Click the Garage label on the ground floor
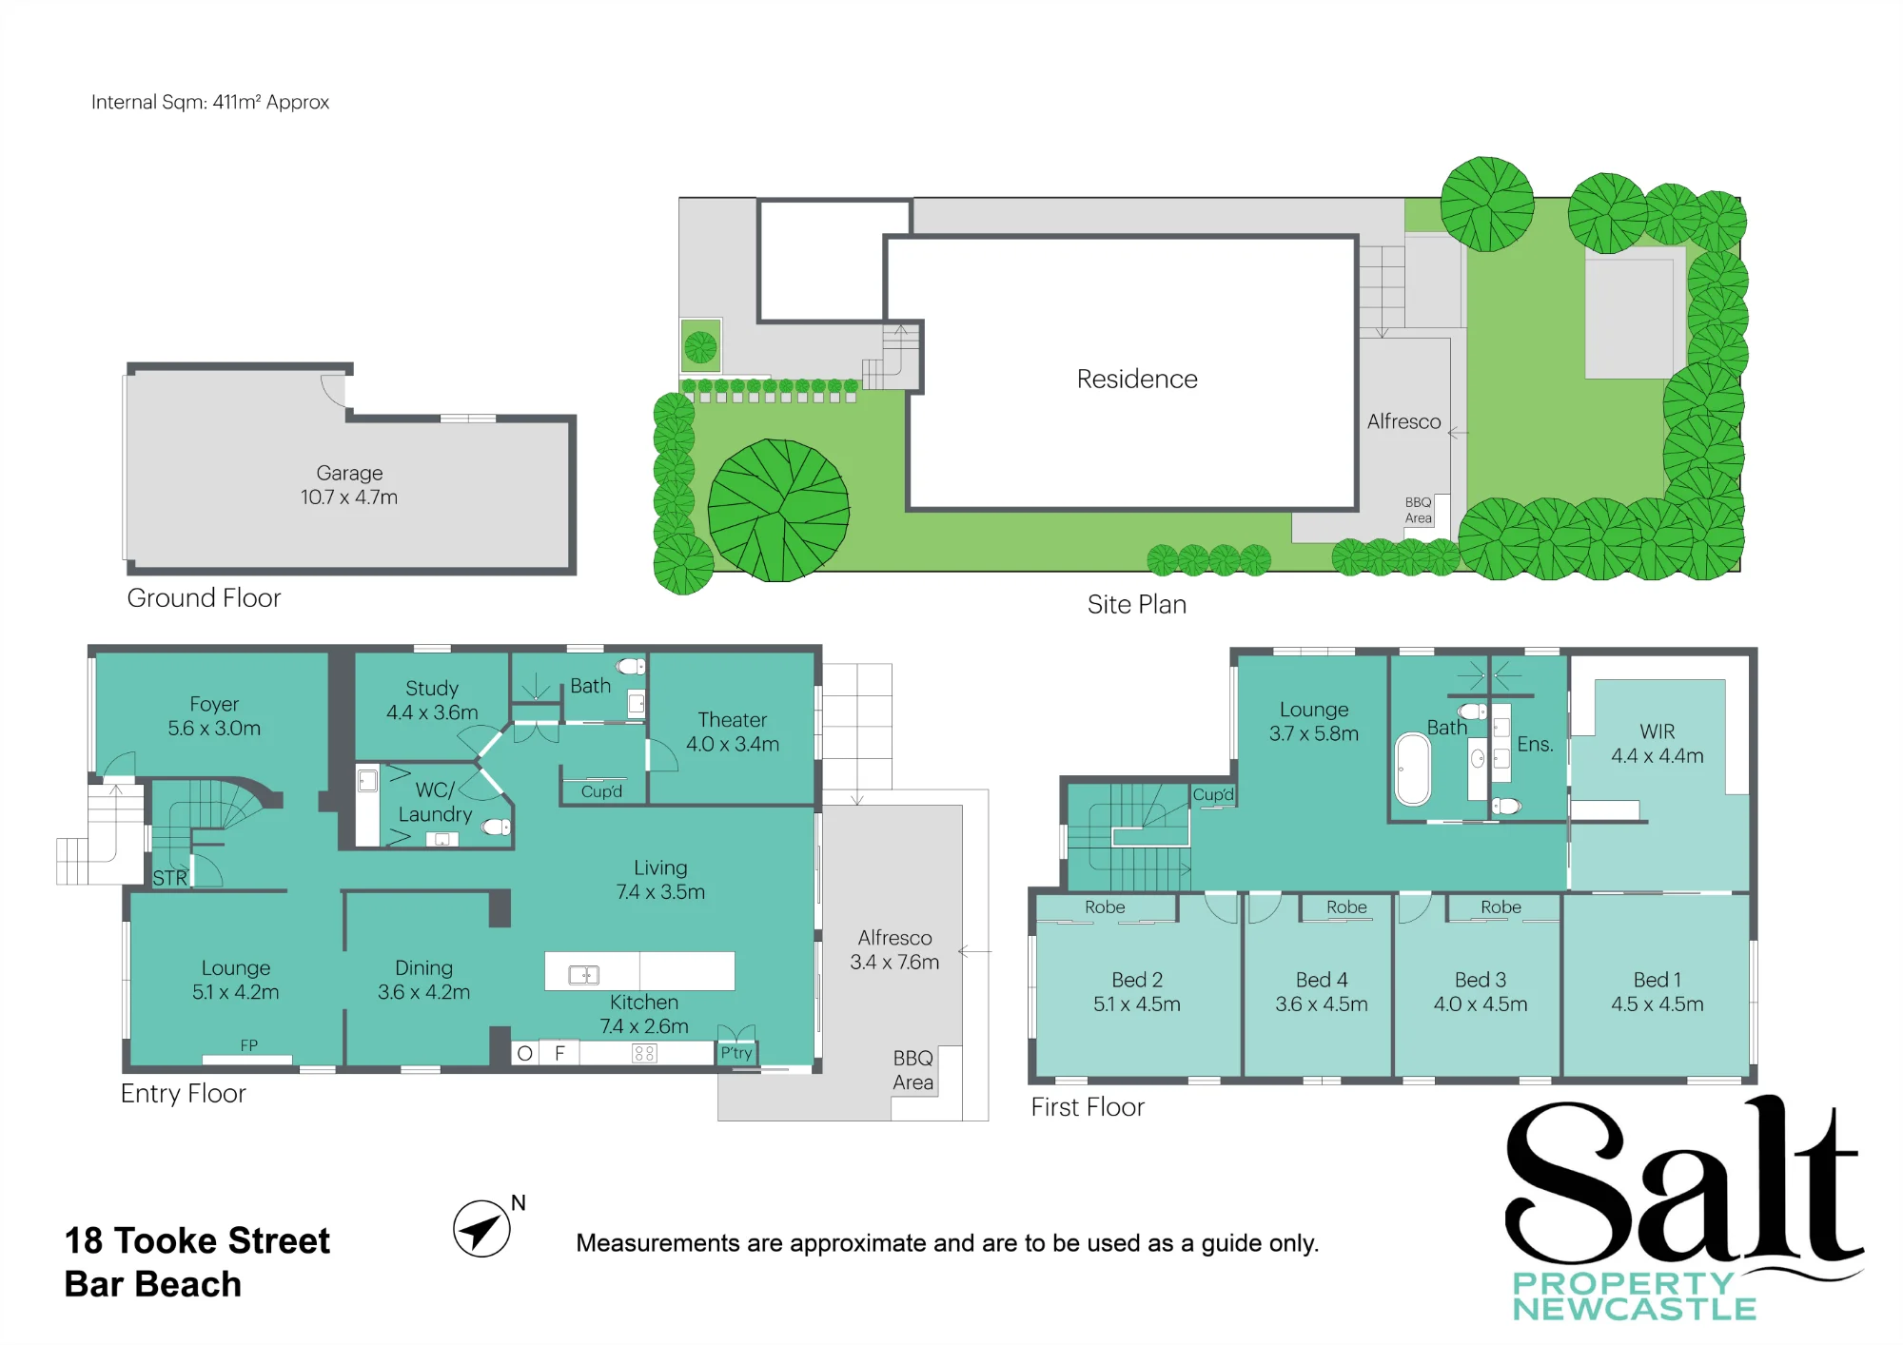[349, 485]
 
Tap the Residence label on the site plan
[1137, 379]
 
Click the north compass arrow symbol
[481, 1229]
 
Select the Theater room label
[733, 732]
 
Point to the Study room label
[432, 700]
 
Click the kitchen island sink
[583, 974]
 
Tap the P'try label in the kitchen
[736, 1053]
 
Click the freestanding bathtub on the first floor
[1413, 770]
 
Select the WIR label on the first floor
[1658, 744]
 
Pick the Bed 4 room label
[1322, 992]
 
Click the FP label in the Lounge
[249, 1045]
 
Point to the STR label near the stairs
[170, 878]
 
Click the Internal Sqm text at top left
[210, 102]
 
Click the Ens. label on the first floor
[1535, 745]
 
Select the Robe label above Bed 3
[1501, 907]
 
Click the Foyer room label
[214, 716]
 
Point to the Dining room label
[424, 980]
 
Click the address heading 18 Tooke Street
[197, 1240]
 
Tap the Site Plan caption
[1137, 604]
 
